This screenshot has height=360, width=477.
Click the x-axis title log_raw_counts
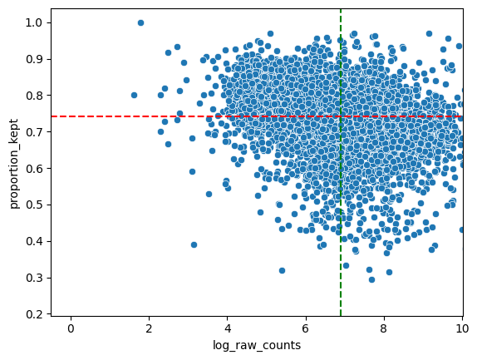click(x=257, y=345)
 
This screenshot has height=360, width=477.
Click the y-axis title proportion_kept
click(x=14, y=164)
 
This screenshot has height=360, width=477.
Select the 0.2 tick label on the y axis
click(x=36, y=314)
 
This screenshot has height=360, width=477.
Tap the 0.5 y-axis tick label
click(x=36, y=205)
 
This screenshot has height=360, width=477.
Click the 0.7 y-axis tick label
click(x=36, y=131)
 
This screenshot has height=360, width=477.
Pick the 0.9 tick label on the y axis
click(x=36, y=59)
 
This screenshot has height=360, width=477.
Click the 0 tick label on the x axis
click(x=71, y=328)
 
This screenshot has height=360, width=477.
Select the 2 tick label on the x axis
click(x=149, y=328)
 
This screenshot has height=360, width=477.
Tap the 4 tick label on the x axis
click(x=227, y=328)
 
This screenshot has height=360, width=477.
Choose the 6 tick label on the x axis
click(x=306, y=328)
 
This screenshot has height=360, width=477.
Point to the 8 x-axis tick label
click(x=384, y=328)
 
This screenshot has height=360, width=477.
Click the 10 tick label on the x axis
click(x=462, y=328)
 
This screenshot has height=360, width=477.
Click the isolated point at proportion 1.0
click(x=140, y=22)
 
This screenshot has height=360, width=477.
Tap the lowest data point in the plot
click(x=371, y=279)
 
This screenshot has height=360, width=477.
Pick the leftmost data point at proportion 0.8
click(x=134, y=96)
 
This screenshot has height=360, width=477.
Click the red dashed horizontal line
click(x=257, y=116)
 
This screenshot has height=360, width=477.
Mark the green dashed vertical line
click(x=341, y=162)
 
